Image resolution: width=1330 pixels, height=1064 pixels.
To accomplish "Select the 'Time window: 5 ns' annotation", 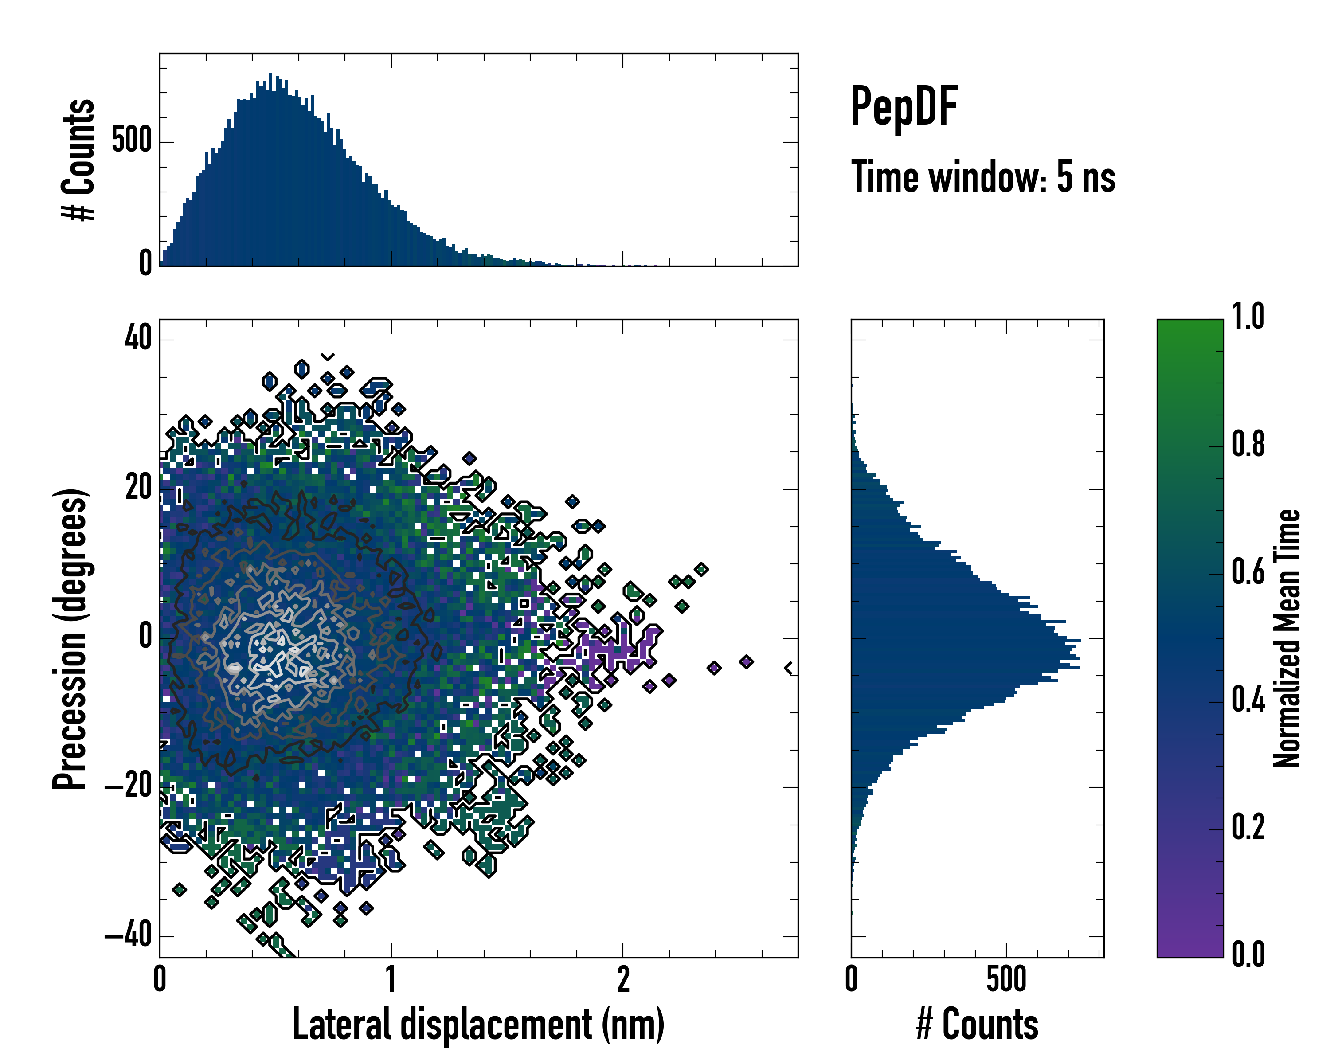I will point(983,177).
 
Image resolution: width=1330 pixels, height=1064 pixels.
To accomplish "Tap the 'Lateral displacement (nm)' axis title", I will point(478,1025).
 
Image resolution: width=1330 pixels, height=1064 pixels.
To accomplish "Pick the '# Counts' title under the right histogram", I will point(977,1025).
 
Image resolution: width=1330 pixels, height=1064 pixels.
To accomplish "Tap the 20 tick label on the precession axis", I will point(138,488).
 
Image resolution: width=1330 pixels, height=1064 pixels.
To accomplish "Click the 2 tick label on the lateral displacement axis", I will point(623,979).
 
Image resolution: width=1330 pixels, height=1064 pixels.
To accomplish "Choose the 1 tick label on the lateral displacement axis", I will point(391,979).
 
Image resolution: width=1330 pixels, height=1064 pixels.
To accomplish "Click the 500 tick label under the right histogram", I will point(1006,979).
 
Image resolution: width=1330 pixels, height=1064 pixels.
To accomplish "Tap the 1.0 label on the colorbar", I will point(1248,317).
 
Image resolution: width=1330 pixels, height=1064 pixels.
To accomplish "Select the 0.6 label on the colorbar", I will point(1248,572).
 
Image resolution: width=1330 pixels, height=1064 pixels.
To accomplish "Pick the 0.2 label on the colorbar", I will point(1248,827).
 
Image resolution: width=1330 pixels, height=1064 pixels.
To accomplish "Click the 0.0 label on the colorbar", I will point(1248,954).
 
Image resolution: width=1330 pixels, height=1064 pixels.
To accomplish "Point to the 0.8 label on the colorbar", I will point(1248,444).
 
